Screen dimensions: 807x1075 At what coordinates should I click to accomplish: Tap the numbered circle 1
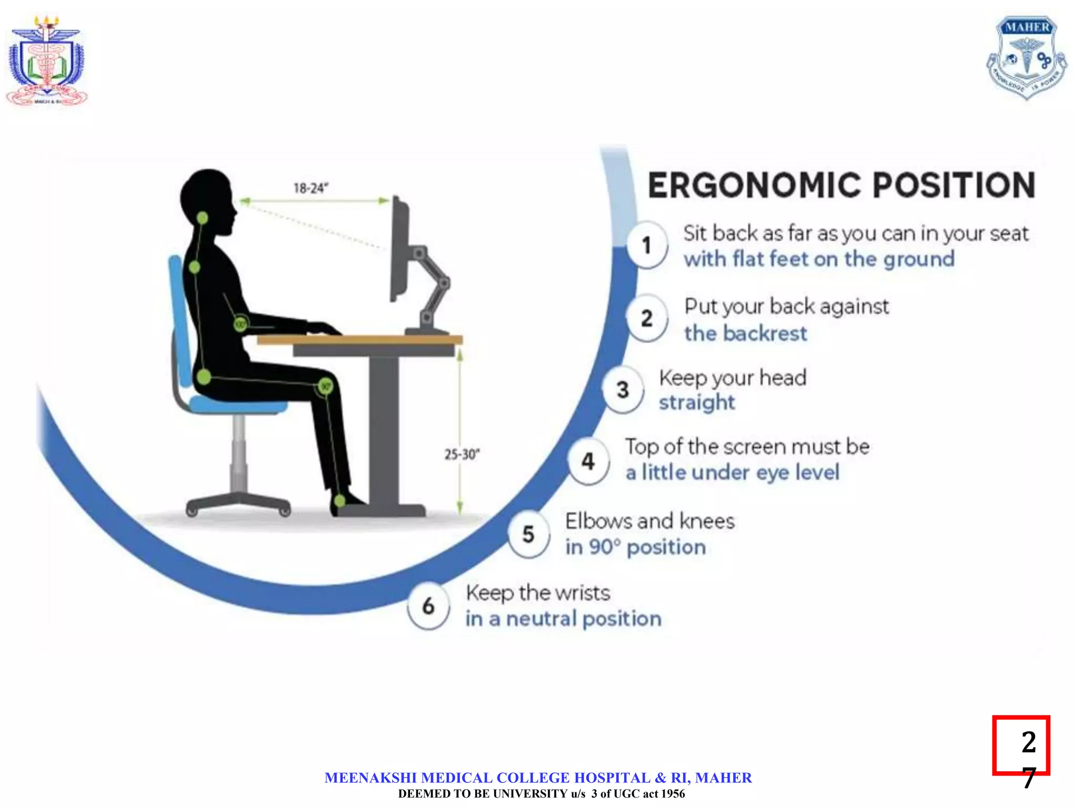point(647,245)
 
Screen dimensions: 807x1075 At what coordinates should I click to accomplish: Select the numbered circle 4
point(588,462)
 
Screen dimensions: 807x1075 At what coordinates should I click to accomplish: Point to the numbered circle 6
point(428,606)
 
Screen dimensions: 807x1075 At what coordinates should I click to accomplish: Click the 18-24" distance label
point(311,188)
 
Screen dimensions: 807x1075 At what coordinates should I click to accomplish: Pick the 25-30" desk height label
point(462,454)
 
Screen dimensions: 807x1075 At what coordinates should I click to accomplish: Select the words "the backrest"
point(745,334)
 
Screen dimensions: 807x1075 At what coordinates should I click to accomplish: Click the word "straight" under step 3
point(697,403)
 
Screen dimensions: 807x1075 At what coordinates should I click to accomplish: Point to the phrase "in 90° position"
point(635,547)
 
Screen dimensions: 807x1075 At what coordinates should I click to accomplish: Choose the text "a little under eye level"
point(732,472)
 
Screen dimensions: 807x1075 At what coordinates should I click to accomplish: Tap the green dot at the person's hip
point(204,377)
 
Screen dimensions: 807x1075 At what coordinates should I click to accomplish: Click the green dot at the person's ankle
point(340,501)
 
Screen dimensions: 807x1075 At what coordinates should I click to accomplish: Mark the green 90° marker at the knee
point(325,387)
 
